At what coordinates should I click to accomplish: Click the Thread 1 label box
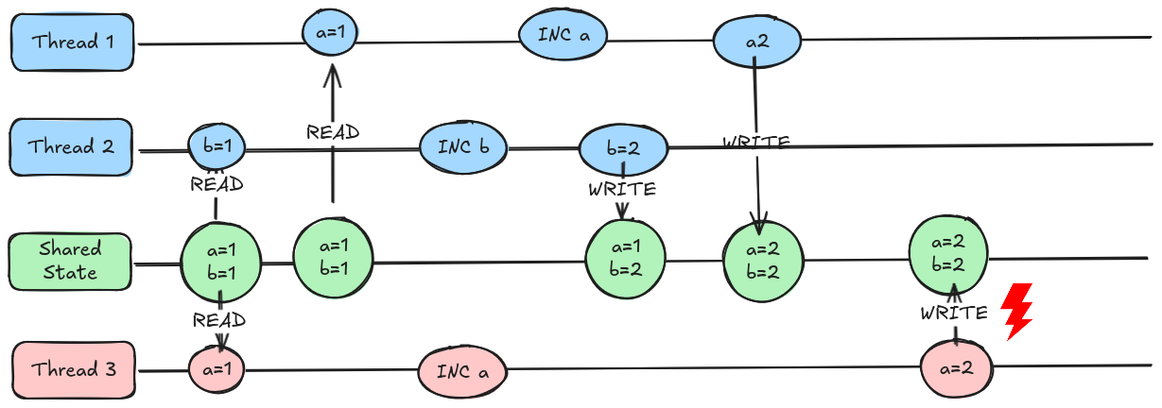pos(72,42)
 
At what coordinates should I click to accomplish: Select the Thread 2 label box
pos(72,147)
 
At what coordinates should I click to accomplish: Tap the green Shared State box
pos(70,261)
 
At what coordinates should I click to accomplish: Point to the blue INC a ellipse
pos(563,37)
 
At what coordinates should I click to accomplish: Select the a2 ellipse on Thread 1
pos(757,42)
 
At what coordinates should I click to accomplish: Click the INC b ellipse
pos(464,146)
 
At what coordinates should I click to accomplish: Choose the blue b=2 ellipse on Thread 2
pos(623,149)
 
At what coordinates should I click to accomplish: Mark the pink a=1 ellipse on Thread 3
pos(217,366)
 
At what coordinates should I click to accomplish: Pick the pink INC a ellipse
pos(462,371)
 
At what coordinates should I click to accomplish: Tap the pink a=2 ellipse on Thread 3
pos(958,367)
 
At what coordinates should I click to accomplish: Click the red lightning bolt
pos(1016,311)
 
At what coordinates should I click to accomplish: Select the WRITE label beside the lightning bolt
pos(955,313)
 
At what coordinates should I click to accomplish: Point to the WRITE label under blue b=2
pos(621,189)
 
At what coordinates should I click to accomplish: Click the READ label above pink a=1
pos(218,320)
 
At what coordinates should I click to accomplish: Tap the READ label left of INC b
pos(333,132)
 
